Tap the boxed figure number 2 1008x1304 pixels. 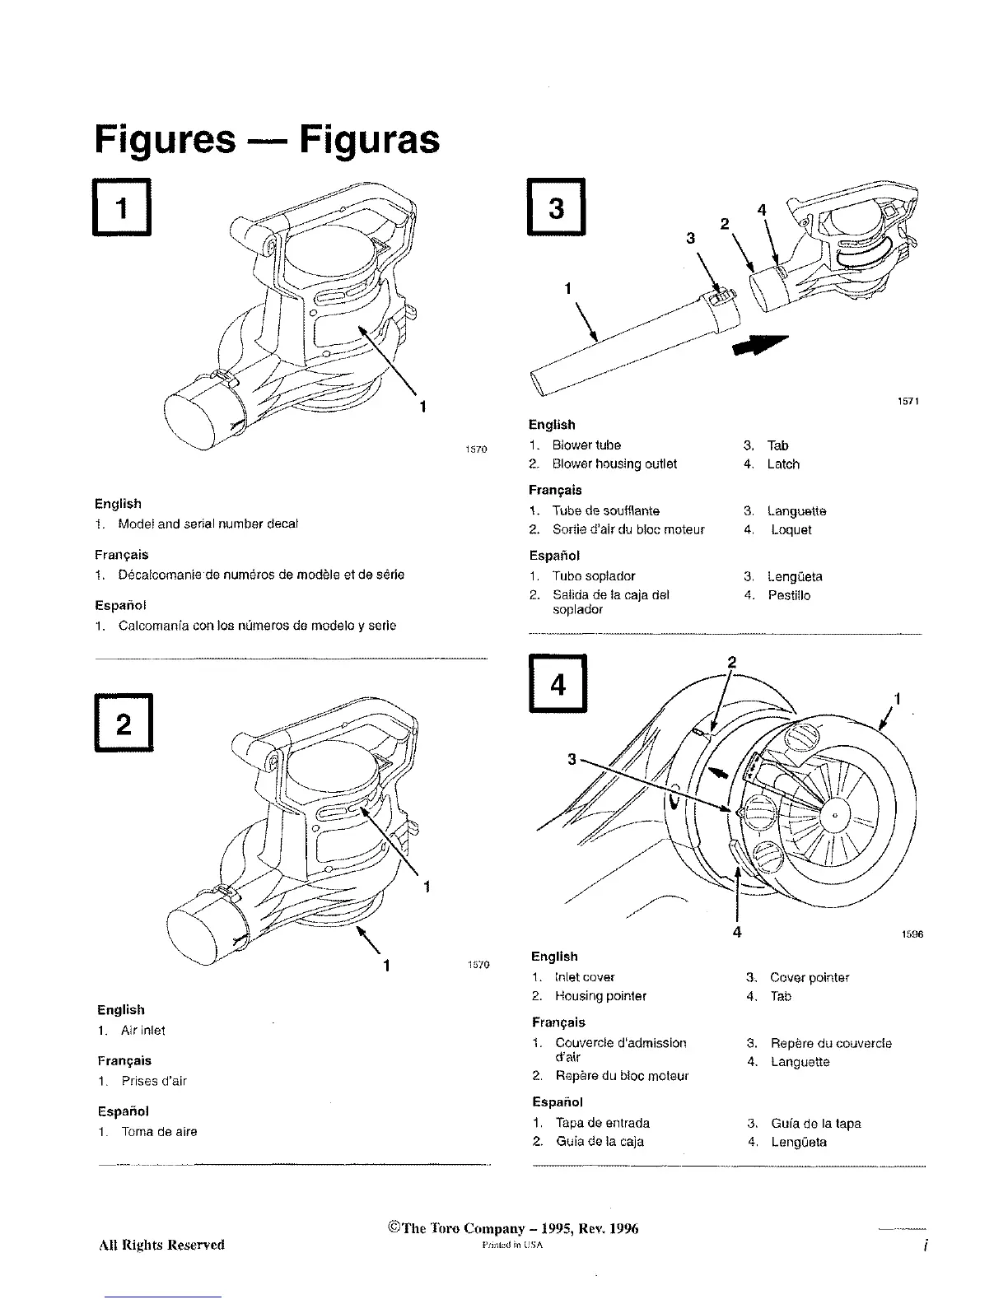click(123, 724)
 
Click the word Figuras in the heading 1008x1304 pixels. click(369, 138)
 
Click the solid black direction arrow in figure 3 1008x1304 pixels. click(759, 346)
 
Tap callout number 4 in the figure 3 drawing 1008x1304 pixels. click(762, 211)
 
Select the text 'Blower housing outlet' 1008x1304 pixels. click(614, 464)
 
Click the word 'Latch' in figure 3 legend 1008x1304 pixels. click(782, 464)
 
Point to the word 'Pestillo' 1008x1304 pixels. click(788, 595)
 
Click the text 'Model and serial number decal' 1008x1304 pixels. click(208, 524)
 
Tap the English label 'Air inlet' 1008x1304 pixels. click(142, 1031)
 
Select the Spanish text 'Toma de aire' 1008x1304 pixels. click(159, 1132)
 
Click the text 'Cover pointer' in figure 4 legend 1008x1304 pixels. click(809, 978)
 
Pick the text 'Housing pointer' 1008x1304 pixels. click(600, 996)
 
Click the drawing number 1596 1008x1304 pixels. click(912, 935)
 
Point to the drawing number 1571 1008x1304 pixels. click(907, 402)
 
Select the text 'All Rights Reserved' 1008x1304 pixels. click(161, 1244)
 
